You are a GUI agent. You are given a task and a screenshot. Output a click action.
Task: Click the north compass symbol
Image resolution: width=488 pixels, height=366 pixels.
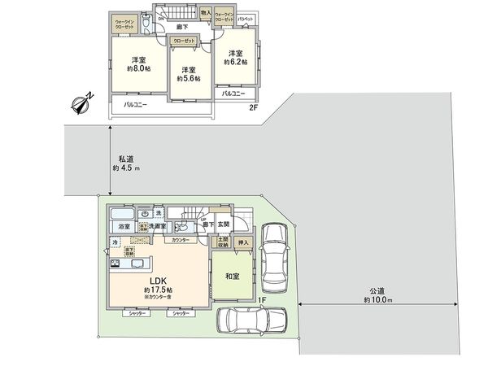point(83,103)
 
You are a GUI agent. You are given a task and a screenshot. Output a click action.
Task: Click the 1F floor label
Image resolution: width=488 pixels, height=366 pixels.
point(262,298)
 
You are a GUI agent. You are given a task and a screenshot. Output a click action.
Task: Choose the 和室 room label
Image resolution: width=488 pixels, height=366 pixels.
point(232,276)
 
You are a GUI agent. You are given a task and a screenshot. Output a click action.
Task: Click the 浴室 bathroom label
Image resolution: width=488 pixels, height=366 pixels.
point(124,225)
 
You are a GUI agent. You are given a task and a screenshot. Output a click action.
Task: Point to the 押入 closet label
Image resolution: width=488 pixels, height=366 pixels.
point(242,242)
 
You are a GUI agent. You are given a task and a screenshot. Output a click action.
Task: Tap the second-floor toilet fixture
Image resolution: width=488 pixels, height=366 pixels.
point(144,25)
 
